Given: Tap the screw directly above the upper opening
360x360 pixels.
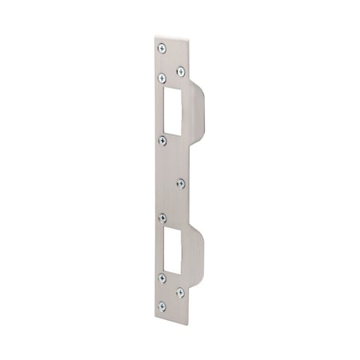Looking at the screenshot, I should [x=162, y=78].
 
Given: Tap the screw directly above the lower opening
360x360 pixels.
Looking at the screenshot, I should [x=162, y=216].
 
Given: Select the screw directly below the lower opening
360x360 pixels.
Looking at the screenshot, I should [x=162, y=277].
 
